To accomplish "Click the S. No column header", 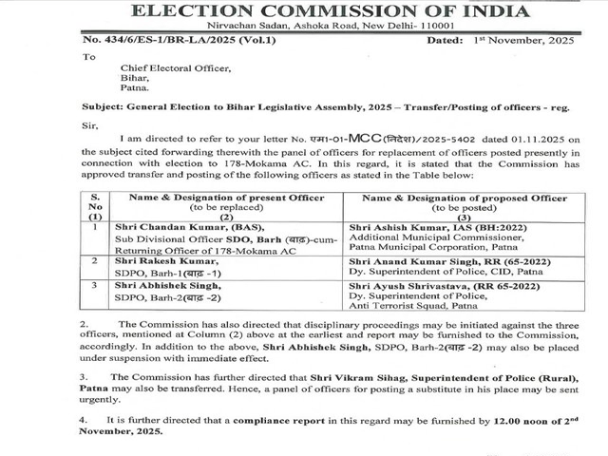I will click(95, 206).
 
